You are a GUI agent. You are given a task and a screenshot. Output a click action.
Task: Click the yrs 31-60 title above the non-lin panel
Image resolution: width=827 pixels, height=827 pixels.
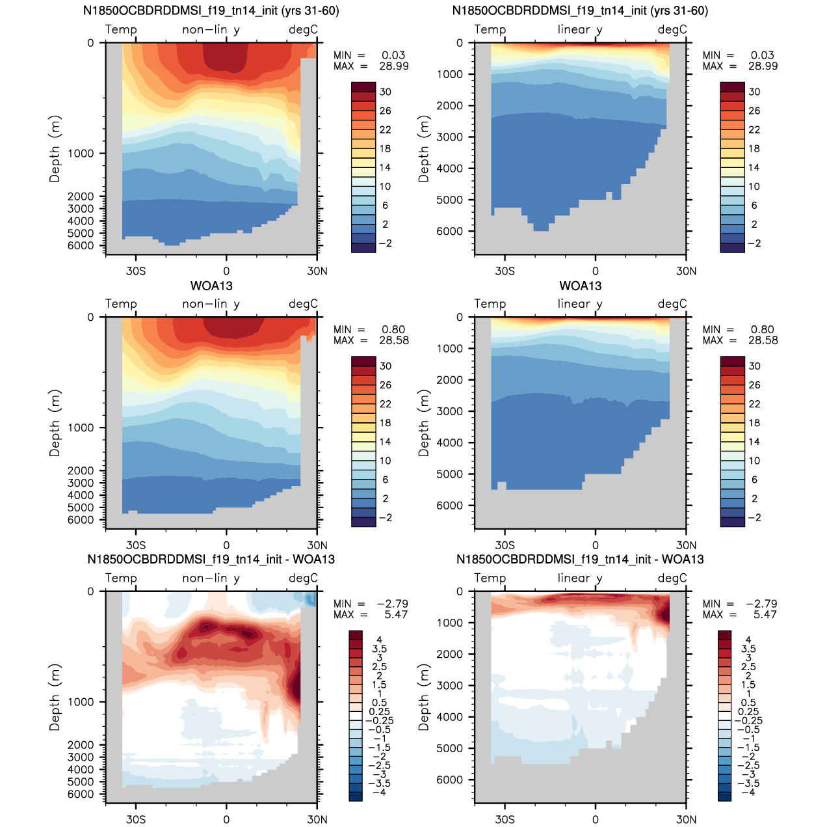pyautogui.click(x=211, y=11)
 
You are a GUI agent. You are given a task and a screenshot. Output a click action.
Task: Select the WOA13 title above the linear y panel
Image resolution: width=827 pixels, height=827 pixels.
pyautogui.click(x=580, y=286)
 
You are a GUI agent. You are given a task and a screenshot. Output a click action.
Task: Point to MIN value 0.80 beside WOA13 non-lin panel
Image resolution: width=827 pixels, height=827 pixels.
pyautogui.click(x=393, y=330)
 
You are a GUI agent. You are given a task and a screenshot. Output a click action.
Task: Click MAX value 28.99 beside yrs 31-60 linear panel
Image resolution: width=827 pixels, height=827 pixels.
pyautogui.click(x=763, y=66)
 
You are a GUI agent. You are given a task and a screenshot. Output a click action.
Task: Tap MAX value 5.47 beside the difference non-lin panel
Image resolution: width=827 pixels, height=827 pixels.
pyautogui.click(x=395, y=615)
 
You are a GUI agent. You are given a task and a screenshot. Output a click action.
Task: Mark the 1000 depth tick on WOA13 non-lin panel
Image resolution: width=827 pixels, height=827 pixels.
pyautogui.click(x=81, y=427)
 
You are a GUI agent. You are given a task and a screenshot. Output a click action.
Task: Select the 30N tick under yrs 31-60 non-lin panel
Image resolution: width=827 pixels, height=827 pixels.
pyautogui.click(x=317, y=271)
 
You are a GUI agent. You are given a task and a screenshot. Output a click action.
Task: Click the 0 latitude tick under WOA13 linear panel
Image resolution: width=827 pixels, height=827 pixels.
pyautogui.click(x=595, y=545)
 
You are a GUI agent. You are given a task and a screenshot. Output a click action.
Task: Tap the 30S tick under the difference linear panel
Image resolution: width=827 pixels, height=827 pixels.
pyautogui.click(x=505, y=820)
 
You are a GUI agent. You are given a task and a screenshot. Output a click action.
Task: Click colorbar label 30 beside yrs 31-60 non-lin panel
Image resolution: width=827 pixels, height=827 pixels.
pyautogui.click(x=386, y=92)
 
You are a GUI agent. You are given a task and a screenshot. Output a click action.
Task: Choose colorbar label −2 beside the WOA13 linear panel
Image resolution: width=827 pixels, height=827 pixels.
pyautogui.click(x=754, y=518)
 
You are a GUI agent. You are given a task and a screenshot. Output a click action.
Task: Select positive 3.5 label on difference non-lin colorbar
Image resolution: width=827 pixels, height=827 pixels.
pyautogui.click(x=380, y=649)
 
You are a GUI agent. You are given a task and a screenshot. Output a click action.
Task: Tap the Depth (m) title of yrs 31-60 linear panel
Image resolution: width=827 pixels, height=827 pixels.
pyautogui.click(x=424, y=148)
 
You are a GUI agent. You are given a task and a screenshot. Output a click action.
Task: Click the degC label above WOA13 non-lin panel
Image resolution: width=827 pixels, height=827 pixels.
pyautogui.click(x=303, y=304)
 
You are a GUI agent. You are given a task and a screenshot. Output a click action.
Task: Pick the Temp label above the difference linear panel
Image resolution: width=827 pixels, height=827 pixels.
pyautogui.click(x=490, y=578)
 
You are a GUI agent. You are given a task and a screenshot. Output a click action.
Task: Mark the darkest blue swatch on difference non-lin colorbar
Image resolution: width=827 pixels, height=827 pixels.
pyautogui.click(x=356, y=796)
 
